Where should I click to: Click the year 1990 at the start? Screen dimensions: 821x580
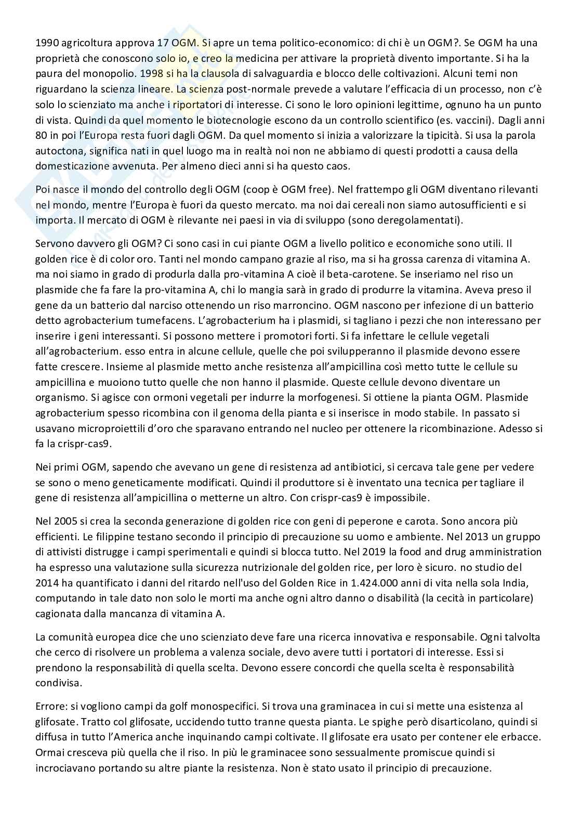click(x=46, y=43)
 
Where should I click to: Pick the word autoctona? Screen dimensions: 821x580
click(x=58, y=151)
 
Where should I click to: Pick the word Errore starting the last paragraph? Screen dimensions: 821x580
click(x=51, y=706)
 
